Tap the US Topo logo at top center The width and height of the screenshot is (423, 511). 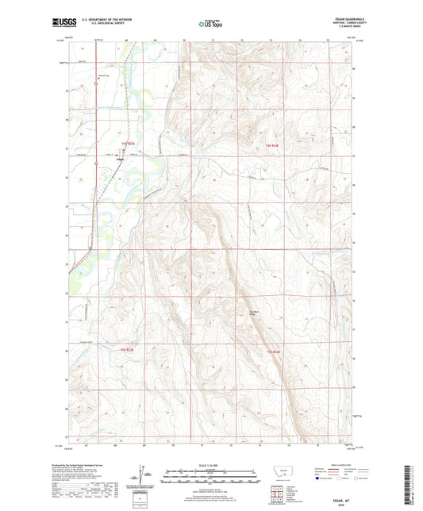pyautogui.click(x=210, y=24)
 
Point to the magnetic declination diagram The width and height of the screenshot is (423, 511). pyautogui.click(x=145, y=478)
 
